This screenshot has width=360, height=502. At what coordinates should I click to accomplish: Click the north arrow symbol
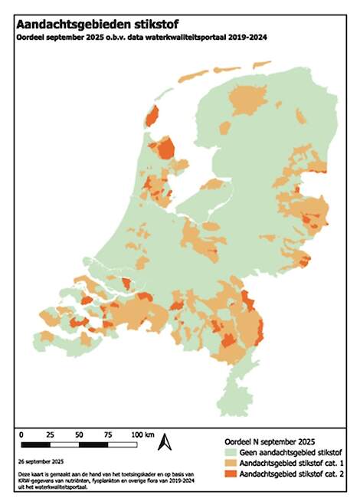[x=162, y=443]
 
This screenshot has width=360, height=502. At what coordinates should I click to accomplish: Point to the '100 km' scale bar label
[x=142, y=435]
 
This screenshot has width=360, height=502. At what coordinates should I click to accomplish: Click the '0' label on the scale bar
[x=21, y=435]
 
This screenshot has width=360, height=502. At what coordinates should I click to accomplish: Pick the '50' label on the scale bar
[x=79, y=435]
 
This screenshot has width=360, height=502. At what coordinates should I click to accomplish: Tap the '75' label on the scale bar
[x=108, y=435]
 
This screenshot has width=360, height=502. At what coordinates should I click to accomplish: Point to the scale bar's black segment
[x=35, y=444]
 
